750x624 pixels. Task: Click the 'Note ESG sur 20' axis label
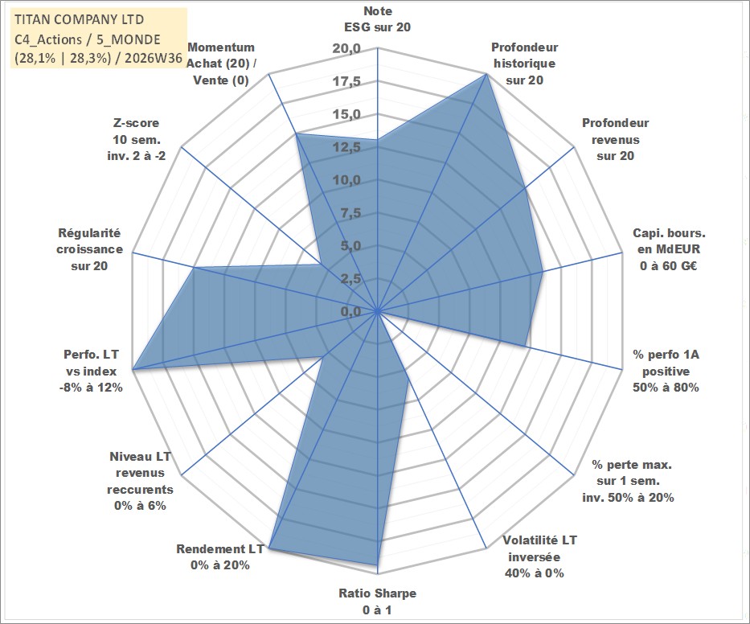click(x=377, y=19)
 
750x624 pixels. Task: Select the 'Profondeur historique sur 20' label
click(x=525, y=64)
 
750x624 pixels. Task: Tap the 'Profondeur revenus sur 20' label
click(x=615, y=139)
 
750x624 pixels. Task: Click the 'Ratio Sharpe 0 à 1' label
click(x=377, y=601)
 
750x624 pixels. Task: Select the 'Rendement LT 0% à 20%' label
click(x=220, y=557)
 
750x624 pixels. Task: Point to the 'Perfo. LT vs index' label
click(x=91, y=371)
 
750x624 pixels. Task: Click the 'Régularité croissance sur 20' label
click(x=89, y=249)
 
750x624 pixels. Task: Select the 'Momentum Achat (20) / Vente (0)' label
click(x=221, y=64)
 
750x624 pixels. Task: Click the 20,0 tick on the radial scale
click(x=346, y=49)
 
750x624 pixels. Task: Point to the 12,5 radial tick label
click(x=346, y=147)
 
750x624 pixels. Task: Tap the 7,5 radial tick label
click(x=350, y=213)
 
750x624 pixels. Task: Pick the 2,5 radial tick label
click(x=350, y=278)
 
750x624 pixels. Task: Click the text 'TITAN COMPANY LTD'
click(x=79, y=19)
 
